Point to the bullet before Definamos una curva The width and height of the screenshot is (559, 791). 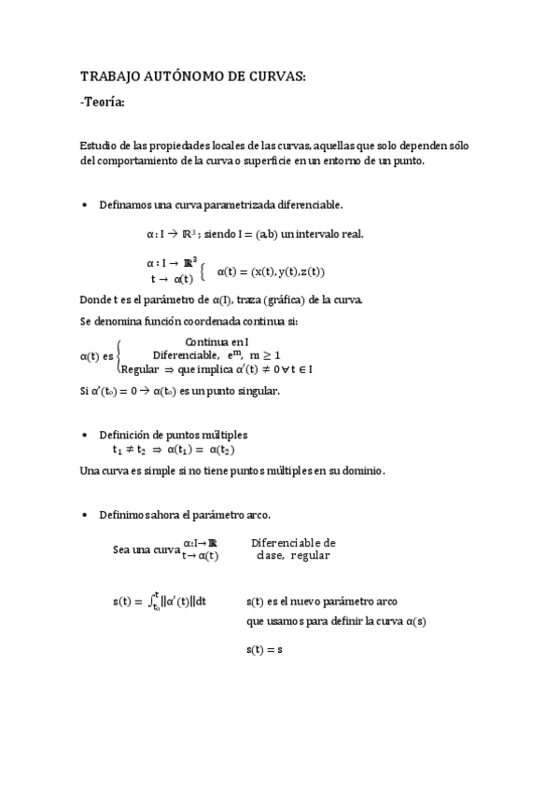(87, 204)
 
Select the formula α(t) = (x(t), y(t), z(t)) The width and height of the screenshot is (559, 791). (271, 271)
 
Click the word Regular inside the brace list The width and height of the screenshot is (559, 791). (140, 368)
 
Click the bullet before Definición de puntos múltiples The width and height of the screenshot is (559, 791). (87, 436)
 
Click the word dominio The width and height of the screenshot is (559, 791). (359, 471)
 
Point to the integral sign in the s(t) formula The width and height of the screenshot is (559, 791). (155, 602)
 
